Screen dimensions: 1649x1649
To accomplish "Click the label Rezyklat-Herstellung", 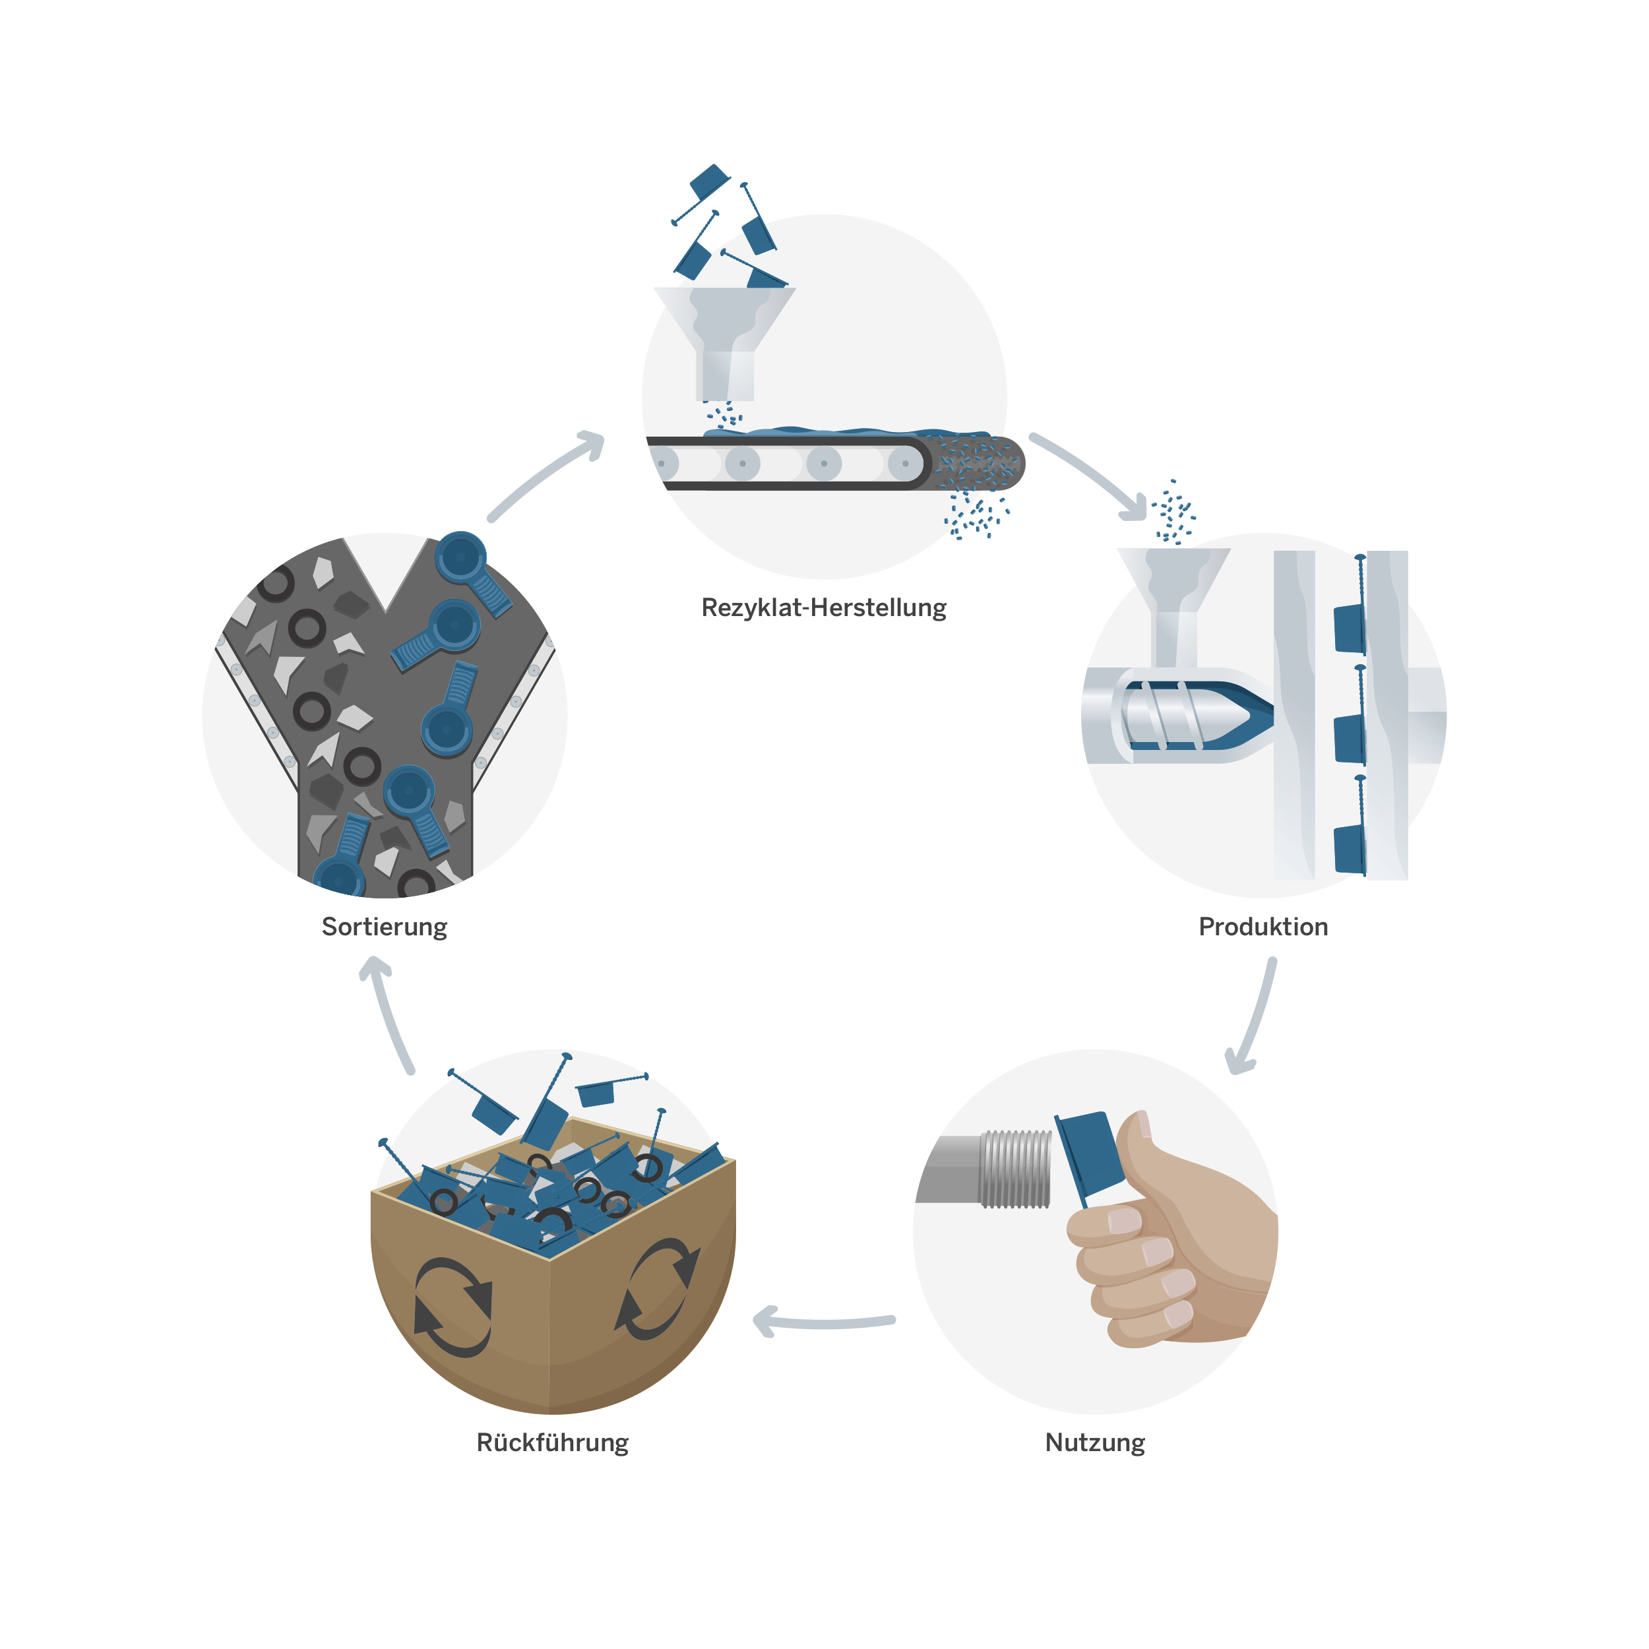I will coord(824,607).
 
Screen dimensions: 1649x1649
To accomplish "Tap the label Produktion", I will coord(1263,927).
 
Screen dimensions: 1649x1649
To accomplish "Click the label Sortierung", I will coord(384,927).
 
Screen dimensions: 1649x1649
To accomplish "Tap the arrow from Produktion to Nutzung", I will coord(1255,1016).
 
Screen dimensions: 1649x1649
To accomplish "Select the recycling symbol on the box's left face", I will coord(452,1307).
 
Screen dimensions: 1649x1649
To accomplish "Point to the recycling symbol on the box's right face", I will coord(657,1289).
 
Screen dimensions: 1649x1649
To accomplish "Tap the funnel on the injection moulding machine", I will coord(1173,598).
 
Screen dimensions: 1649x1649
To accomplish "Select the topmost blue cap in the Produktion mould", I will coord(1349,629).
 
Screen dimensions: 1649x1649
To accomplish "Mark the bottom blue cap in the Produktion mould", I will coord(1349,850).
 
